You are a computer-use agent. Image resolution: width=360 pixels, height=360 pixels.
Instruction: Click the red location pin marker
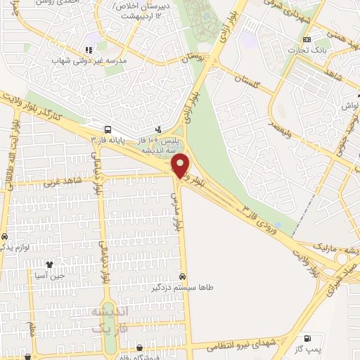tap(181, 165)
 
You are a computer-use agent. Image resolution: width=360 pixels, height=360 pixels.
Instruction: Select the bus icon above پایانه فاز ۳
tap(108, 129)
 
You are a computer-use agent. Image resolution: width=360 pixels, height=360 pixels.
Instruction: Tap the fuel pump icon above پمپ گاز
tap(306, 339)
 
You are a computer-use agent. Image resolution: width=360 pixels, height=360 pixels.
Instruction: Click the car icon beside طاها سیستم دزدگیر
tap(183, 277)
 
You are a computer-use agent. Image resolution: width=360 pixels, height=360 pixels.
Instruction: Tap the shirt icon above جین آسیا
tap(49, 265)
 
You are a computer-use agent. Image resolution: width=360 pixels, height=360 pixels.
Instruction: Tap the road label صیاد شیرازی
tap(337, 270)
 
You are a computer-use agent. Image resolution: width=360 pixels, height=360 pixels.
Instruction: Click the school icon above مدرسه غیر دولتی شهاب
tap(89, 50)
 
